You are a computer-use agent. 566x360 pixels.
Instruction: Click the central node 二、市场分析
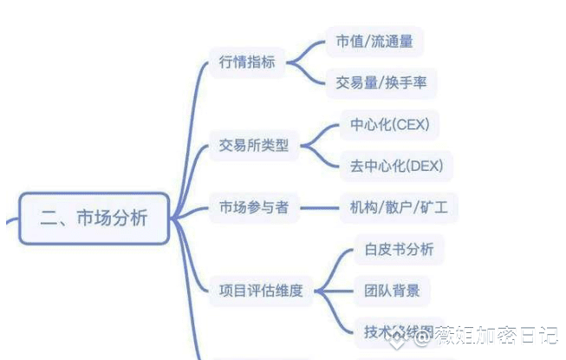(x=94, y=218)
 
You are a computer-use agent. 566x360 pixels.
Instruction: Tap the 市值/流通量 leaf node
(x=374, y=42)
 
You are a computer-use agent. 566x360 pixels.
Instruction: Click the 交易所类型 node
(x=253, y=146)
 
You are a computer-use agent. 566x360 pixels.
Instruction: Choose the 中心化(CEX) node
(x=389, y=125)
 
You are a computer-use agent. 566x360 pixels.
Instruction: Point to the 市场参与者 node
(x=253, y=207)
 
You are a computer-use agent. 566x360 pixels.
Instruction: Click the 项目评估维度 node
(x=259, y=290)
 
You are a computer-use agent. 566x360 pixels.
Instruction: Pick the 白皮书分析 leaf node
(x=399, y=249)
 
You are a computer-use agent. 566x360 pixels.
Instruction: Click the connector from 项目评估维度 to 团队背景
(x=335, y=290)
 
